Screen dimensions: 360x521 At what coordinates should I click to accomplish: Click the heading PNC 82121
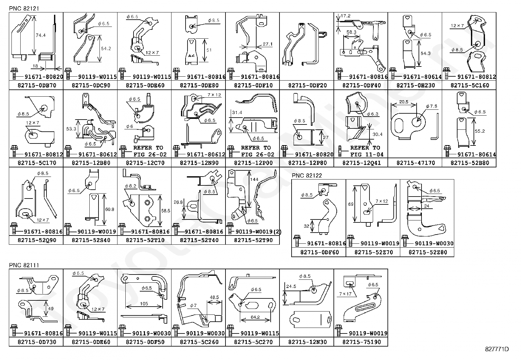click(x=24, y=9)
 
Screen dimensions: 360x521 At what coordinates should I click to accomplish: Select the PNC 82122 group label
click(x=307, y=176)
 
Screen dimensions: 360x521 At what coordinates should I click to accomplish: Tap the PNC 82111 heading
click(x=24, y=265)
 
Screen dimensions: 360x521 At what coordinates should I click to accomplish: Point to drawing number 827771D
click(x=497, y=349)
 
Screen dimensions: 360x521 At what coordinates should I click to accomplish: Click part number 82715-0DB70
click(x=36, y=85)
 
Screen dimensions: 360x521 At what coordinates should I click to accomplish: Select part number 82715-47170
click(x=415, y=163)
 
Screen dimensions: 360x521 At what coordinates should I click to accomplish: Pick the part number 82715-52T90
click(x=253, y=240)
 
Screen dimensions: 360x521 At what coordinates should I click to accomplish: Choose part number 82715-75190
click(x=361, y=342)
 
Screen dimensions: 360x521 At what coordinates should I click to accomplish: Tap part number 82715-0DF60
click(x=318, y=253)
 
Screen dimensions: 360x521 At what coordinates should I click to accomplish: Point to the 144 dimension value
click(x=254, y=180)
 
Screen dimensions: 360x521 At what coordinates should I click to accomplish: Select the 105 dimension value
click(x=144, y=304)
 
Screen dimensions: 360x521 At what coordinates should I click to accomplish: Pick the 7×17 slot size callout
click(x=346, y=294)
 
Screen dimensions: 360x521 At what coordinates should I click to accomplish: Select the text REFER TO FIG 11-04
click(x=365, y=151)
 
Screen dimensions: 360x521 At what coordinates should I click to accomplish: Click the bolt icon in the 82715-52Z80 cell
click(x=405, y=240)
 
